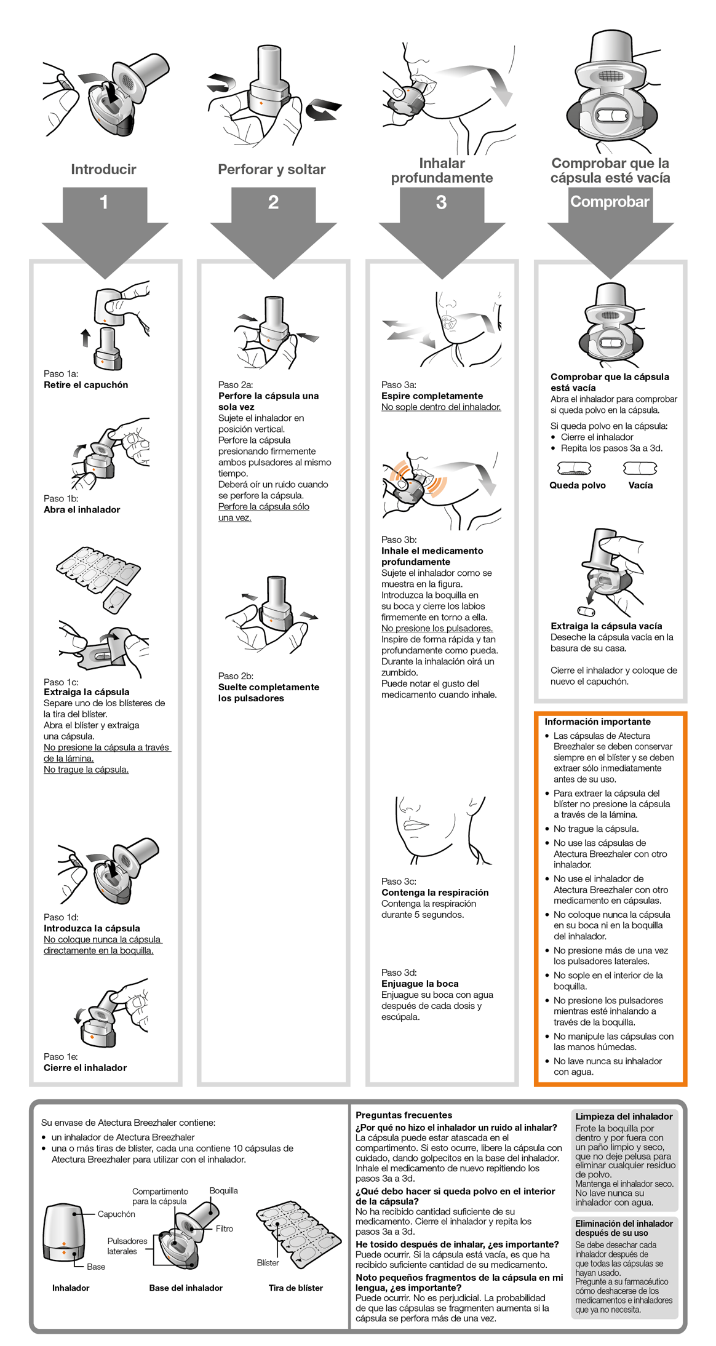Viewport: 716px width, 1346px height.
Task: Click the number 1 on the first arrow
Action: [104, 202]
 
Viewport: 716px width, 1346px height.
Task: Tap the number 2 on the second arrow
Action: [273, 202]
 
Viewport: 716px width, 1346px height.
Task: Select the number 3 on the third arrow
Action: [441, 202]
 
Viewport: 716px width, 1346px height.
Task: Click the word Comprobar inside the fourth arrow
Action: [610, 202]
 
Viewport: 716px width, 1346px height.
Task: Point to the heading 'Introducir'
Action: [103, 169]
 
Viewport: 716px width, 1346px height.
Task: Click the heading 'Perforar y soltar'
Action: [271, 169]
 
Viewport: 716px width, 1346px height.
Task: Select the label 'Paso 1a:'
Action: [61, 373]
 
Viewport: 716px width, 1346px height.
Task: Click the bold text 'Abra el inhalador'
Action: [82, 509]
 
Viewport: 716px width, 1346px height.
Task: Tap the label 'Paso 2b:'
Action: [236, 675]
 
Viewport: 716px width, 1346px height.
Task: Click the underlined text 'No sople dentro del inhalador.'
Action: [440, 407]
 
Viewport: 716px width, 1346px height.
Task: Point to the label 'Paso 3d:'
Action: [399, 972]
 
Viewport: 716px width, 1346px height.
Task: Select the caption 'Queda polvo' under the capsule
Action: [577, 485]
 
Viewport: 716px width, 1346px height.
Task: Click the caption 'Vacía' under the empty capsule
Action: [640, 485]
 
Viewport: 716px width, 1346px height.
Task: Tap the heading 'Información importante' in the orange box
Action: [597, 722]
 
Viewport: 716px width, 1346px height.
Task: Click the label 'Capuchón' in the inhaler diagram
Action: [116, 1214]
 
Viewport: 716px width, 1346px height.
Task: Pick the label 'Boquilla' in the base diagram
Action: [223, 1190]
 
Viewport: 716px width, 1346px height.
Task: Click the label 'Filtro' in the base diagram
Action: [224, 1229]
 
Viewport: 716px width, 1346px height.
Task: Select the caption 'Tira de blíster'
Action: [295, 1288]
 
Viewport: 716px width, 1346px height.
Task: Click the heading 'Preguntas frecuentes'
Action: [404, 1115]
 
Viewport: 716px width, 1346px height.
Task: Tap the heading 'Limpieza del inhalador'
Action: [624, 1116]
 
